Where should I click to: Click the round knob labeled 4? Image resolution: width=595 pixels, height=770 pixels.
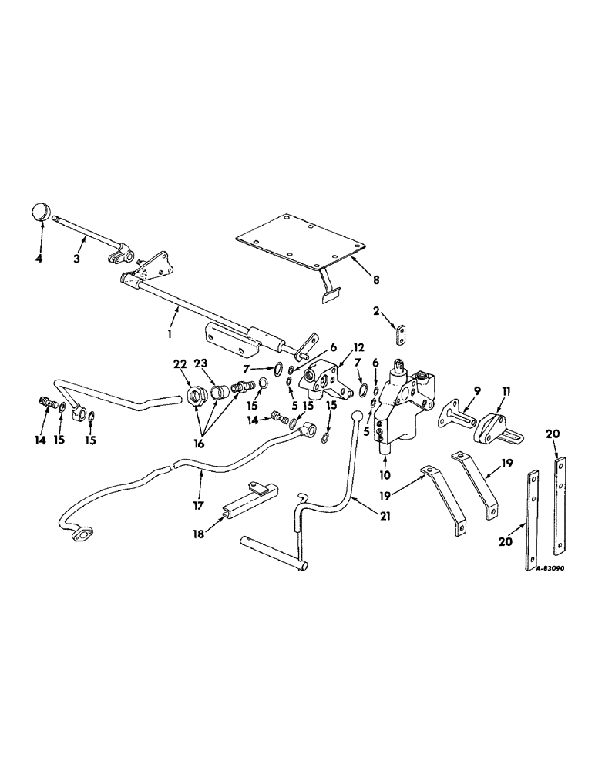click(x=41, y=212)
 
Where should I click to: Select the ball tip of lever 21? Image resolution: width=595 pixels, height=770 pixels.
click(x=357, y=417)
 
